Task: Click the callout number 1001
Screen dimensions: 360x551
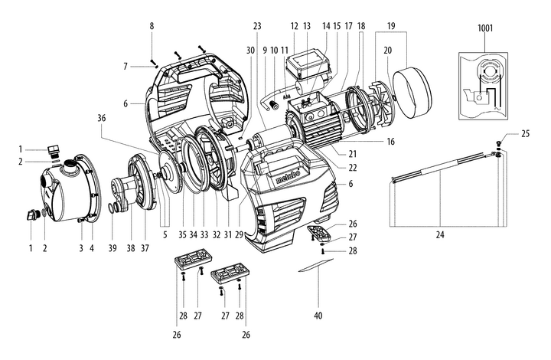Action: coord(486,29)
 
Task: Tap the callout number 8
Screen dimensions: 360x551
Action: coord(152,25)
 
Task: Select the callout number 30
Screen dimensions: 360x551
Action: coord(250,50)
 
